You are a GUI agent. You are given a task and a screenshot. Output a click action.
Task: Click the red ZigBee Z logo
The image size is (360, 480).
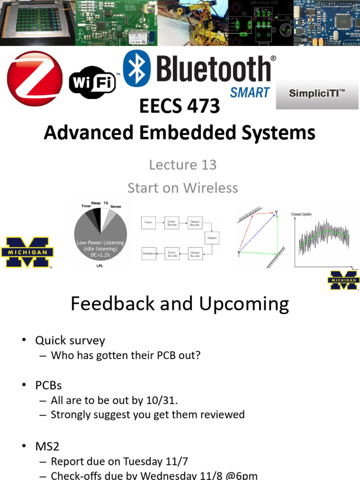click(x=34, y=78)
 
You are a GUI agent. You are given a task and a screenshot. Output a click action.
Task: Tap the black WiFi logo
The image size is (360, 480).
click(x=92, y=83)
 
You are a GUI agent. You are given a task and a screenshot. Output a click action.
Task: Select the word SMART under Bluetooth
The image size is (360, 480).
click(x=249, y=92)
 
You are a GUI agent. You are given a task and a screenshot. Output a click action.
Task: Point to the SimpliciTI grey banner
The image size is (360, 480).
click(x=317, y=94)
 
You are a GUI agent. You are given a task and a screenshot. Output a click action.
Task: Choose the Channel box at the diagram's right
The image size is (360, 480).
click(x=210, y=237)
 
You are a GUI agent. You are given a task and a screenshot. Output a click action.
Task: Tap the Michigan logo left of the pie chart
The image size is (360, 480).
click(x=27, y=252)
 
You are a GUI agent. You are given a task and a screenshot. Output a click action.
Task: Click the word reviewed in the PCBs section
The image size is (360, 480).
click(x=223, y=414)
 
